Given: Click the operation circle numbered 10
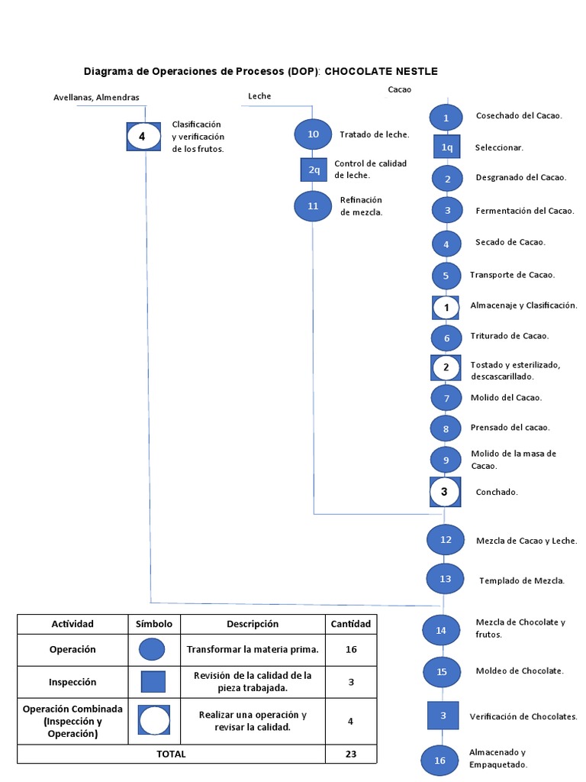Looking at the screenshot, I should [x=313, y=134].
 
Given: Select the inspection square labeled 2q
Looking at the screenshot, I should [x=314, y=170].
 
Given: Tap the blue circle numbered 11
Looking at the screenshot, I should [x=313, y=206].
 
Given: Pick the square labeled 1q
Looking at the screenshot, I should [x=446, y=147].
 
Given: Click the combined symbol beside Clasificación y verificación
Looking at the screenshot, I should [x=143, y=137].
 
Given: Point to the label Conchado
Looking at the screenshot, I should [x=497, y=492].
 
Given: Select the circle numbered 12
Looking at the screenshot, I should [x=446, y=539].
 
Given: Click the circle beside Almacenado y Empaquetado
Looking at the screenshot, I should [x=439, y=760].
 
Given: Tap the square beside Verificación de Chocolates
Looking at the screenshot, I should [x=443, y=716].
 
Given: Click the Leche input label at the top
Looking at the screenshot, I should [x=259, y=96].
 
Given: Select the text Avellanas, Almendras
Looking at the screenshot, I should [x=96, y=98].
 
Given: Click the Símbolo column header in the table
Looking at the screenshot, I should [x=154, y=624].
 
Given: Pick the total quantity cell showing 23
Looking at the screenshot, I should [x=351, y=754].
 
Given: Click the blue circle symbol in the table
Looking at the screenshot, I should [x=153, y=650].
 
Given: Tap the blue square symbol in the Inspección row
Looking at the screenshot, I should [x=153, y=682].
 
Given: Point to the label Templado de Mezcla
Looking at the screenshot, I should [x=522, y=580].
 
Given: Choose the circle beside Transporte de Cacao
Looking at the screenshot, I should [x=446, y=275].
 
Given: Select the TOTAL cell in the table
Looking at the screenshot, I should [x=171, y=754].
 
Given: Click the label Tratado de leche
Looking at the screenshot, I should [x=375, y=134].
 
